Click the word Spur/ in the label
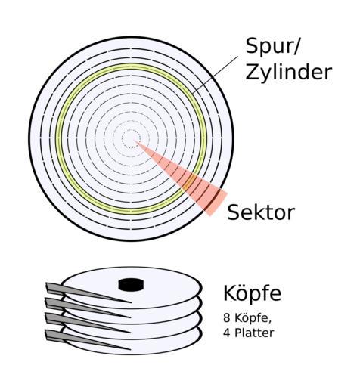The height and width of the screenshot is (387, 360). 272,47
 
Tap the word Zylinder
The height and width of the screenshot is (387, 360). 288,72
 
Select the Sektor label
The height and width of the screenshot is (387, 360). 261,212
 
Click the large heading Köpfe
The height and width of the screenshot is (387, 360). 253,293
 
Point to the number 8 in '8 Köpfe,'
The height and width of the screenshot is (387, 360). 227,318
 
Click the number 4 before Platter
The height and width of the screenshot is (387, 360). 227,333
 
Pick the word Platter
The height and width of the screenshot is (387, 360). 254,333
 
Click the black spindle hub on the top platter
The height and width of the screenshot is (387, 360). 131,284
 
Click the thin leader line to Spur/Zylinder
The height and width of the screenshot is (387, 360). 215,75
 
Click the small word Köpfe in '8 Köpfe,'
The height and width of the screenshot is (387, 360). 253,318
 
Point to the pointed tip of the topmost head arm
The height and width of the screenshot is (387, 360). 132,302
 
